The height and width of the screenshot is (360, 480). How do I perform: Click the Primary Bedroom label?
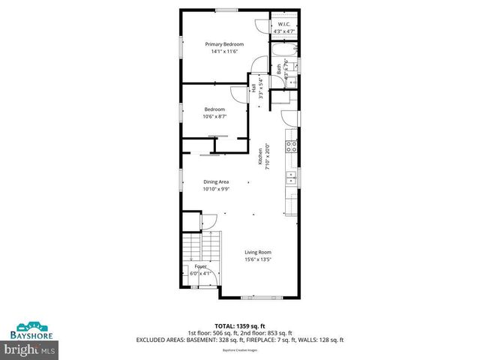point(224,44)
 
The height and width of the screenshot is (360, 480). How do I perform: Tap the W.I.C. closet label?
point(283,24)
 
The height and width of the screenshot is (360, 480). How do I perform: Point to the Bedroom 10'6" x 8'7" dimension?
point(215,116)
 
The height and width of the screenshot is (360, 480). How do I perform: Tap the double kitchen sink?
point(290,177)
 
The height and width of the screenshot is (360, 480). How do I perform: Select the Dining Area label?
point(215,181)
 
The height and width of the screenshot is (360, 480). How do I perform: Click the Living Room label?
point(257,252)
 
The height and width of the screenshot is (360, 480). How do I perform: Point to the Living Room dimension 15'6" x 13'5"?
point(257,260)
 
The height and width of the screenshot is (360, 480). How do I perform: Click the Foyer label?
point(200,266)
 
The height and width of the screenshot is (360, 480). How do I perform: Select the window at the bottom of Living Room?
point(256,297)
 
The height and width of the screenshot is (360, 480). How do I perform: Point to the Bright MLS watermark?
point(30,349)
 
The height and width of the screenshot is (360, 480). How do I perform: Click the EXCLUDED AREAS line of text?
point(239,339)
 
